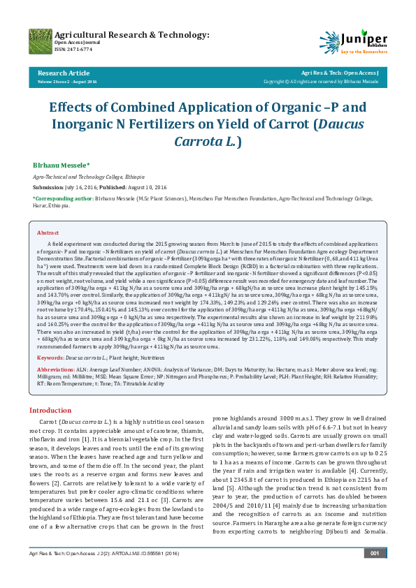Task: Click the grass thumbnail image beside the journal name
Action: pos(40,41)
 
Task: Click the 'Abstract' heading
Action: pos(48,233)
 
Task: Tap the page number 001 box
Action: pos(375,573)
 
